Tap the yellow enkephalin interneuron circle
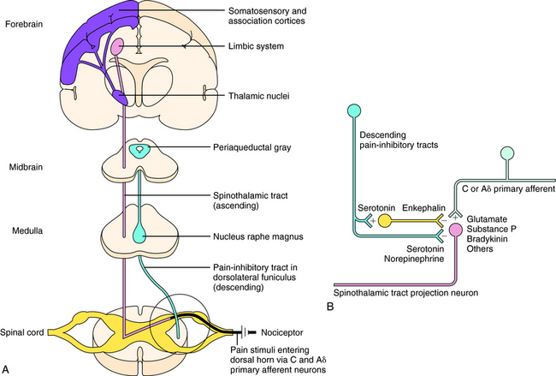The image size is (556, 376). (384, 221)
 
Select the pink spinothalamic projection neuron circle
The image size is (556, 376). (455, 229)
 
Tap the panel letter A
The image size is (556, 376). (7, 367)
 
